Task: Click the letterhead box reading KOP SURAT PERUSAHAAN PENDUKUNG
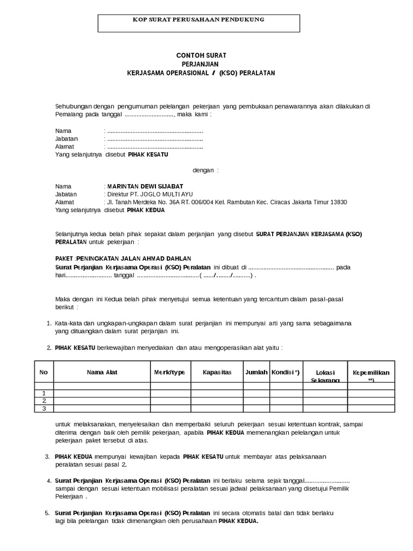198,23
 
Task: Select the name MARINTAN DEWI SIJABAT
145,186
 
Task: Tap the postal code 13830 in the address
338,202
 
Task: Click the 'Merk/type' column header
170,372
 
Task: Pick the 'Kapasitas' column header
217,372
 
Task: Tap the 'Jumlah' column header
256,372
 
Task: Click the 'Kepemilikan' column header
371,373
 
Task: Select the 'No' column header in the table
44,372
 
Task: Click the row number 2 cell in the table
44,400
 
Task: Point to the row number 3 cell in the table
44,408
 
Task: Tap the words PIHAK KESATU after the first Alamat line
147,154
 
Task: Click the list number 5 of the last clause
47,512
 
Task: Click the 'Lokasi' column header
325,372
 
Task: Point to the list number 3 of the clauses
47,456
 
